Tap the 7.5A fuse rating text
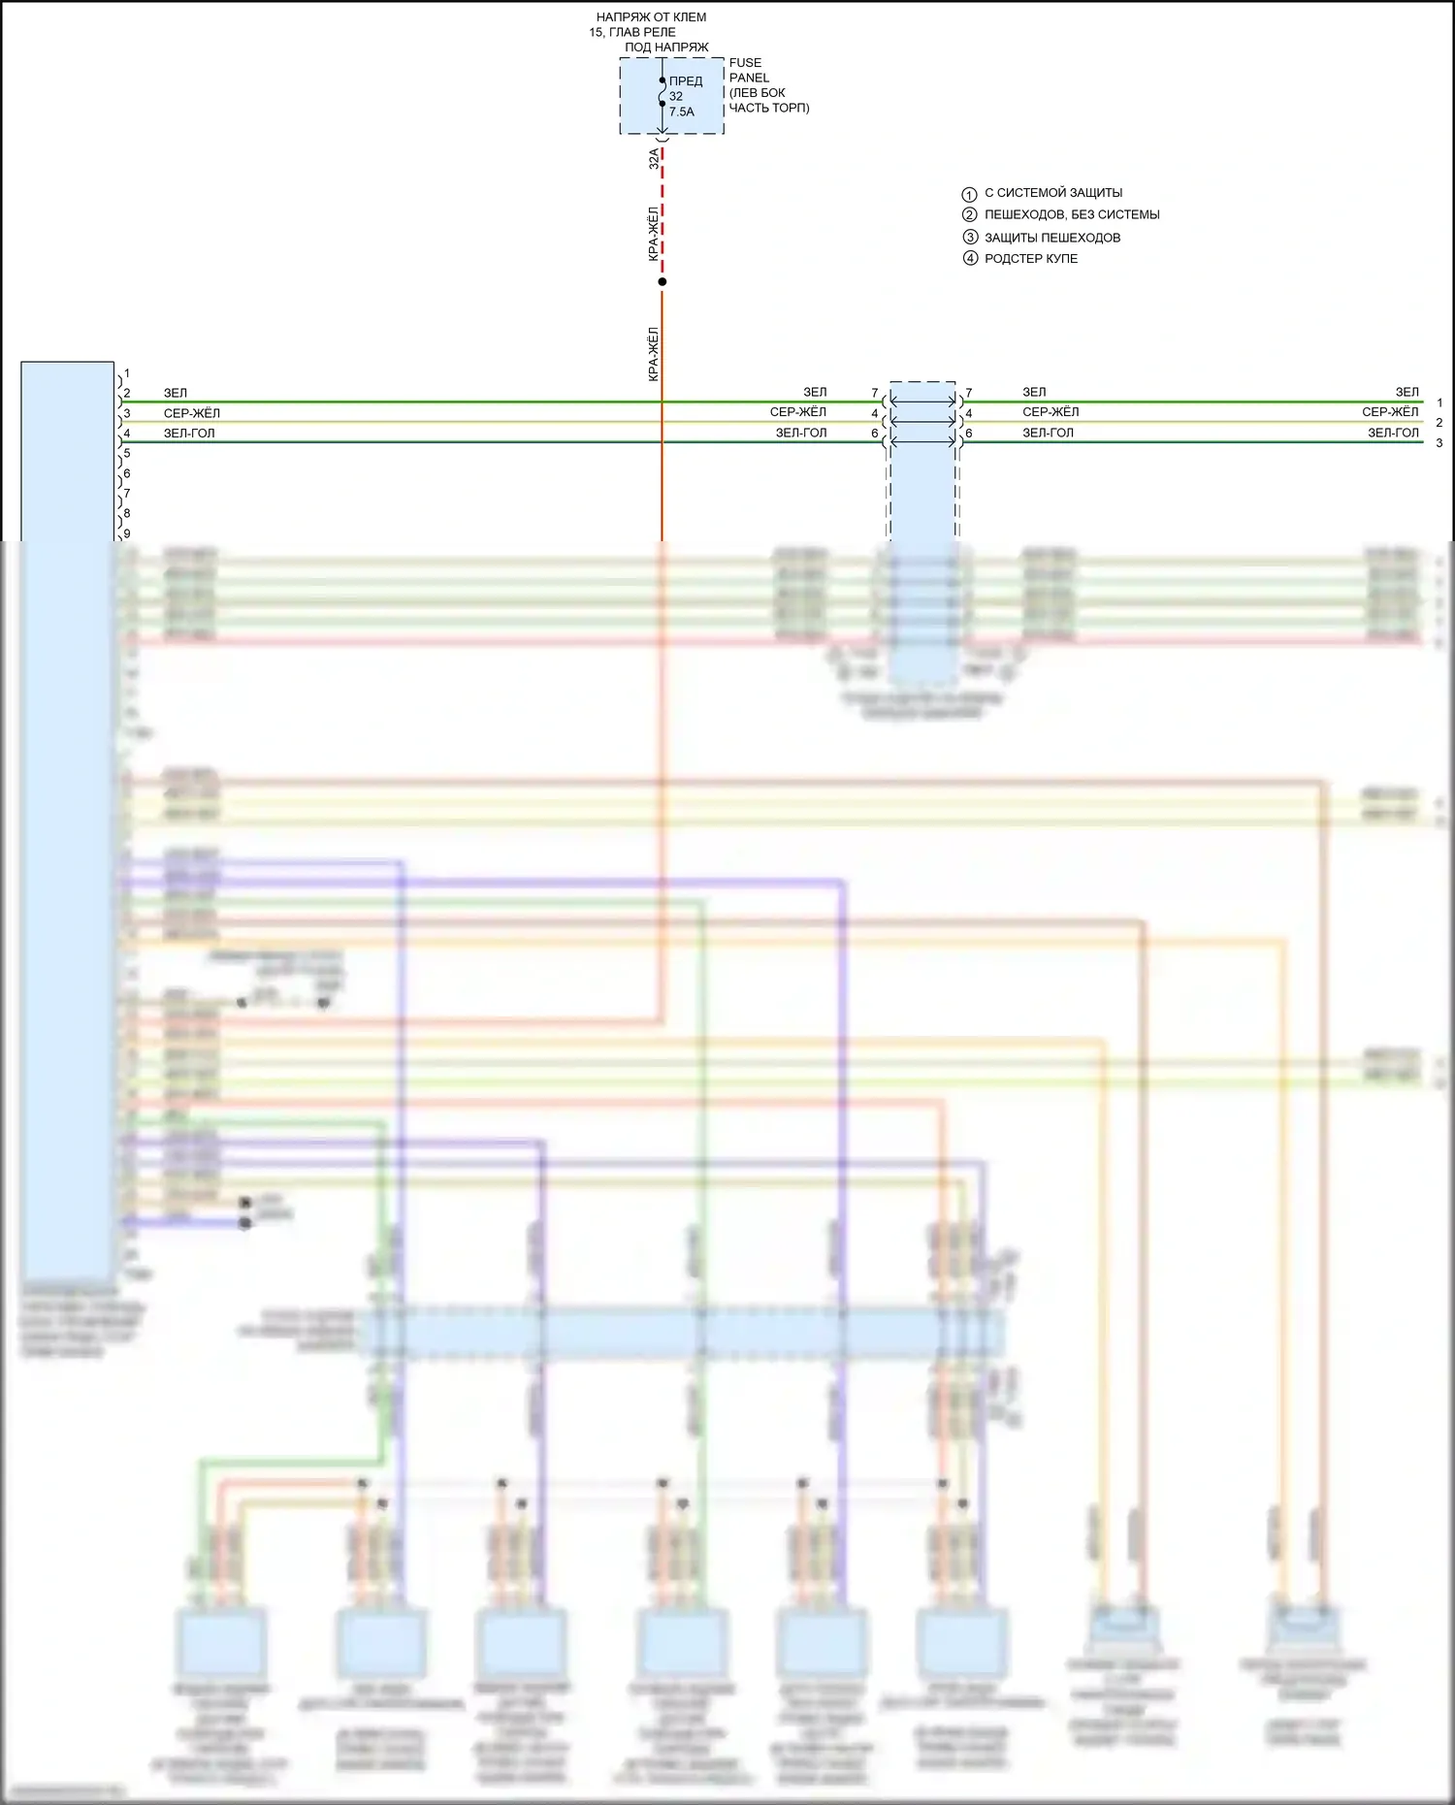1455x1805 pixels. click(681, 112)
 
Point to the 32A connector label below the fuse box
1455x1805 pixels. click(654, 159)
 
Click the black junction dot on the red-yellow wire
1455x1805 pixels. click(663, 282)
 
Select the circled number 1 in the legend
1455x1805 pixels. click(969, 194)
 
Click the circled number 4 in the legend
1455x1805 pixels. click(969, 259)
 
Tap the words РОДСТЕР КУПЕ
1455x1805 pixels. click(1031, 259)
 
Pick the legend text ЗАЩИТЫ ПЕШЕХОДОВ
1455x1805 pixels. click(1052, 238)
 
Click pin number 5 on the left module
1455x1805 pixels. click(126, 453)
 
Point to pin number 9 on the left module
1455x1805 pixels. click(126, 533)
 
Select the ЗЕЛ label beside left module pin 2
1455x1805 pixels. click(176, 393)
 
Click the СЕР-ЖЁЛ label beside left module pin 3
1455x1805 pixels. click(191, 413)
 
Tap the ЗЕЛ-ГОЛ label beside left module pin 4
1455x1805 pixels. click(189, 434)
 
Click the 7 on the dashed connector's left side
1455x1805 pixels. click(875, 393)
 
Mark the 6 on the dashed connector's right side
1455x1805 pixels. click(968, 434)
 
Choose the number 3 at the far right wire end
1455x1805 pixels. click(1439, 443)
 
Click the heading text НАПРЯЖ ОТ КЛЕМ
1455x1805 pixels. click(651, 17)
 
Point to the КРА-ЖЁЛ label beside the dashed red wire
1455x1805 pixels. click(654, 234)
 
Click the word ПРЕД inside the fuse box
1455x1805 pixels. click(686, 81)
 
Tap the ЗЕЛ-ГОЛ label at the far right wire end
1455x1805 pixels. click(1393, 433)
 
